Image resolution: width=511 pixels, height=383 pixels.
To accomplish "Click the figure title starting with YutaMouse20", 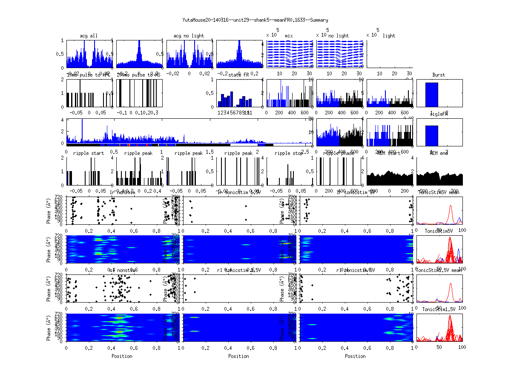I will click(x=255, y=20).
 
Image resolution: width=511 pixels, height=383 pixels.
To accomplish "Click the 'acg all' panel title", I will click(x=89, y=36).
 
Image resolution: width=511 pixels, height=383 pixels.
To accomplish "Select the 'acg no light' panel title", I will click(x=189, y=36).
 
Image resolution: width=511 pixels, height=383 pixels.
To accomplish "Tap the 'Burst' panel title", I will click(x=439, y=75).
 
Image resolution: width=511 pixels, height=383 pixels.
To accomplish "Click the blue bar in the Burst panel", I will click(x=432, y=94).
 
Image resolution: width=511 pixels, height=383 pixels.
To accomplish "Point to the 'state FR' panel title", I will click(x=239, y=75).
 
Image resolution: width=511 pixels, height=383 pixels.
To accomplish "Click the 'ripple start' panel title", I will click(x=89, y=153).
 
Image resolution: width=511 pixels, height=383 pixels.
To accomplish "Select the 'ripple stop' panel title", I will click(x=289, y=153).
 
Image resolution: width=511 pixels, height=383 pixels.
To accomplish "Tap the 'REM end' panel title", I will click(x=439, y=153).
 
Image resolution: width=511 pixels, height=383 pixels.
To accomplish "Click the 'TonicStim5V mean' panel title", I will click(x=439, y=192).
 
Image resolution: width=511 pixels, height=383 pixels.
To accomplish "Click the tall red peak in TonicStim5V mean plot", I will click(x=451, y=207).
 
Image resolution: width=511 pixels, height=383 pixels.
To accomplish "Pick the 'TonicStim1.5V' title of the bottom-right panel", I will click(x=439, y=309).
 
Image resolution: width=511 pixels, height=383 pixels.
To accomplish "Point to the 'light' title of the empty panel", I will click(x=389, y=36).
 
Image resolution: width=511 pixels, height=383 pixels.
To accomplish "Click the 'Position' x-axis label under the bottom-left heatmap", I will click(x=122, y=356).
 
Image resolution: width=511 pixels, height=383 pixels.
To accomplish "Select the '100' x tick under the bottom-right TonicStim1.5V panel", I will click(x=462, y=347).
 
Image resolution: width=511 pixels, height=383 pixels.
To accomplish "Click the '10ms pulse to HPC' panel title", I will click(x=89, y=75).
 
